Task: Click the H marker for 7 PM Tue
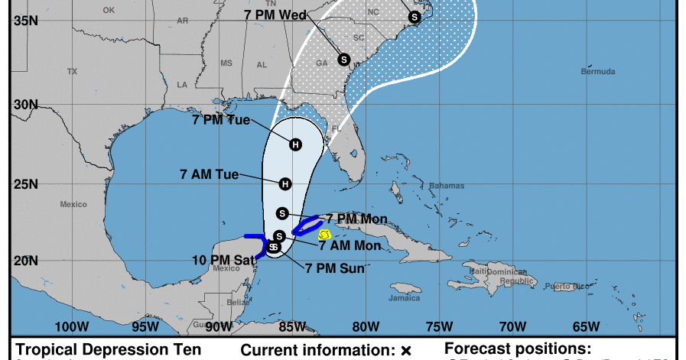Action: (296, 144)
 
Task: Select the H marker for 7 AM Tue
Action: (285, 183)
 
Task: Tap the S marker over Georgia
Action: (344, 59)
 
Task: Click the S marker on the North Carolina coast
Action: (415, 17)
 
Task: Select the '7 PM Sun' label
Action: (334, 268)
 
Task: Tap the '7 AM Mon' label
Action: (349, 245)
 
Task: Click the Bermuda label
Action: (597, 72)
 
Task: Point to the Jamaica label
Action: (405, 298)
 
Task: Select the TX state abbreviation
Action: (72, 71)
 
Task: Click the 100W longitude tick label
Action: (72, 326)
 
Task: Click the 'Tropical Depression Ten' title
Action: (109, 350)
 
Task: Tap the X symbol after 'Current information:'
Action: (406, 351)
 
